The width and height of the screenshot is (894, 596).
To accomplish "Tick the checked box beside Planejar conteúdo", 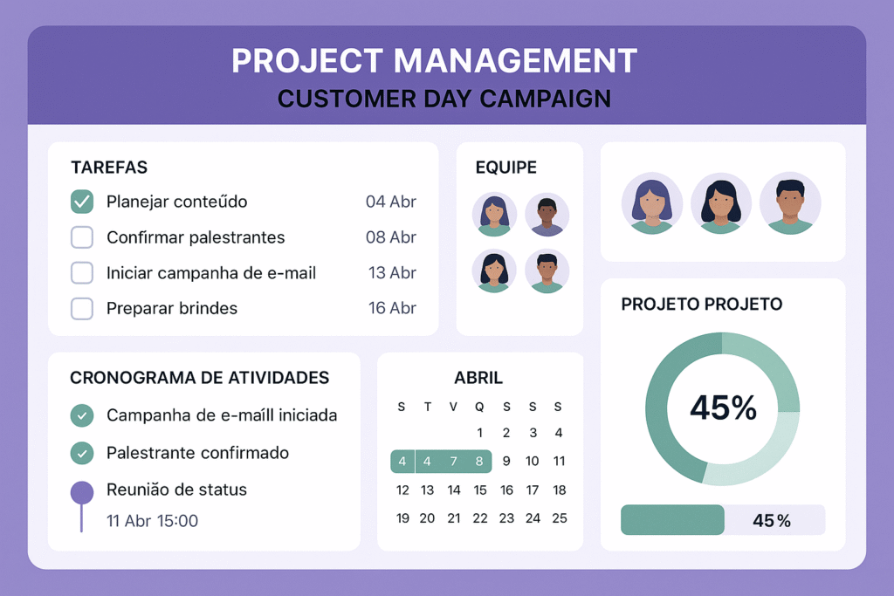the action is click(82, 202).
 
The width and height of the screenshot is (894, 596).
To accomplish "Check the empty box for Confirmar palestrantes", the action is click(82, 237).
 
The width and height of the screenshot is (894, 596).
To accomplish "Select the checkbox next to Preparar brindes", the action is click(82, 308).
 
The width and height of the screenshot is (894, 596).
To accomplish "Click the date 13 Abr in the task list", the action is click(392, 273).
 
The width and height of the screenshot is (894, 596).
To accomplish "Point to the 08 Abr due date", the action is click(391, 237).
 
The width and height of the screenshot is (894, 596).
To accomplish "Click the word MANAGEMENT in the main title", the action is click(515, 61).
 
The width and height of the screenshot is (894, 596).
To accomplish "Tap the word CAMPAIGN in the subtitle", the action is click(546, 99).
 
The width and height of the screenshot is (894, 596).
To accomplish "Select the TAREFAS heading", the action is click(109, 168).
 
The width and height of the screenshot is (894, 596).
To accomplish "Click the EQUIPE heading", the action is click(506, 168).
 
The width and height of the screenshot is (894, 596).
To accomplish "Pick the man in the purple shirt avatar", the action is click(547, 215).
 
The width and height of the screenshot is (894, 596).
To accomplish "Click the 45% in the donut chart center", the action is click(723, 408).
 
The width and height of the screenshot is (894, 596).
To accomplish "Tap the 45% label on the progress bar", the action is click(772, 521).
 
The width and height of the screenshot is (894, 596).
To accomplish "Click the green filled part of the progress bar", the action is click(673, 520).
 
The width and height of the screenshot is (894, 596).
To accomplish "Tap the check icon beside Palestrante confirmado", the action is click(82, 453).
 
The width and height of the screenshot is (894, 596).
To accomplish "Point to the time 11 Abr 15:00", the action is click(152, 521).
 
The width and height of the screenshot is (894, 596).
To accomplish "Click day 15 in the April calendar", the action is click(480, 490).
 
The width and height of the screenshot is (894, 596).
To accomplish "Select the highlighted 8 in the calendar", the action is click(479, 462).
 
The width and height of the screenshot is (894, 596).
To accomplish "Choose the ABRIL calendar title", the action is click(478, 378).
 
